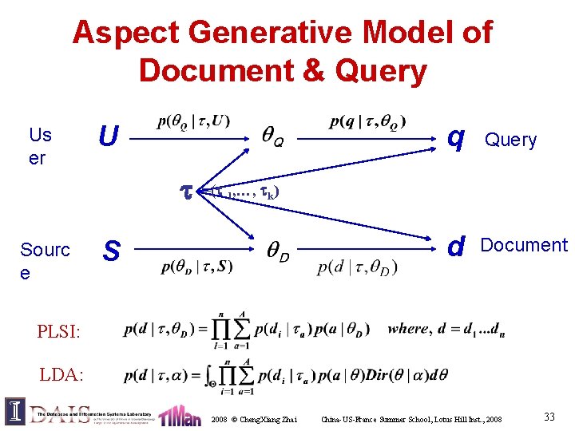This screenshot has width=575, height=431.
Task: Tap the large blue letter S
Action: [112, 251]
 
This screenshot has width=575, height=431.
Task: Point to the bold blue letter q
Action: [456, 139]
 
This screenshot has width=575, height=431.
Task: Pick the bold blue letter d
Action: [456, 247]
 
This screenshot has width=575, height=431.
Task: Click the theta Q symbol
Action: [272, 140]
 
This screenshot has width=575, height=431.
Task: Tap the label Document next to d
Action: [523, 245]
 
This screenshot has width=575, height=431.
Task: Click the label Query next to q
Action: [511, 140]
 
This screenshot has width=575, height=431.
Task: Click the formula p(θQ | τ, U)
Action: [194, 122]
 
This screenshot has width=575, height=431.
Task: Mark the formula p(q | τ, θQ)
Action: [367, 121]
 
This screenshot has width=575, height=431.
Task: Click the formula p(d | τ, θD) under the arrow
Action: [357, 267]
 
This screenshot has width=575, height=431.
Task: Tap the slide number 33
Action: [549, 417]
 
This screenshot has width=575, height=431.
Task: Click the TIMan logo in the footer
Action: [180, 414]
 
